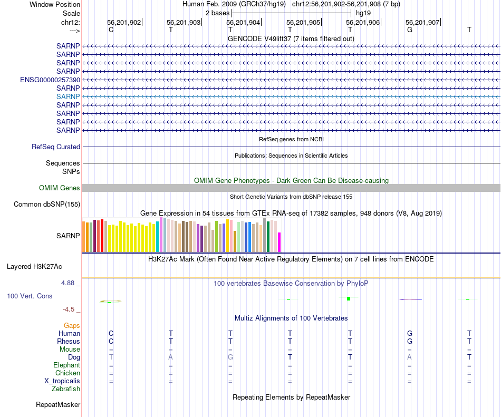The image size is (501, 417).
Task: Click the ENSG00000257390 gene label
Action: (x=50, y=80)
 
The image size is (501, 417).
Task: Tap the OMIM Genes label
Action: (x=60, y=188)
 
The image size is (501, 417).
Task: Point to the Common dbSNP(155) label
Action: (x=47, y=205)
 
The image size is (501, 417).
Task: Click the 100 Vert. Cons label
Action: (x=30, y=296)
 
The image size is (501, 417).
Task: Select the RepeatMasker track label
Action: (x=58, y=405)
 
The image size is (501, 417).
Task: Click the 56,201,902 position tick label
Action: (x=124, y=23)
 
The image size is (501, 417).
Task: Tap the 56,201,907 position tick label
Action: (x=422, y=23)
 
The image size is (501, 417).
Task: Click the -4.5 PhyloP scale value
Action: (x=69, y=309)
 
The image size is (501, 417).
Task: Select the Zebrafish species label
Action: (x=66, y=389)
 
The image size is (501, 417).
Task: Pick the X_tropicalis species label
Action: (x=62, y=381)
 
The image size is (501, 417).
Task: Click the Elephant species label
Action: (x=66, y=365)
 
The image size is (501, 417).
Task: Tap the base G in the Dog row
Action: (x=230, y=357)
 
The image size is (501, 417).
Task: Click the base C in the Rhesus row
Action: (x=111, y=341)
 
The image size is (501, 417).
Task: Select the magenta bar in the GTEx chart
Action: (x=279, y=242)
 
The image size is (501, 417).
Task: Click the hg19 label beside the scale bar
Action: (x=363, y=12)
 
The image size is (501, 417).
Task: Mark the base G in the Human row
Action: (x=409, y=333)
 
